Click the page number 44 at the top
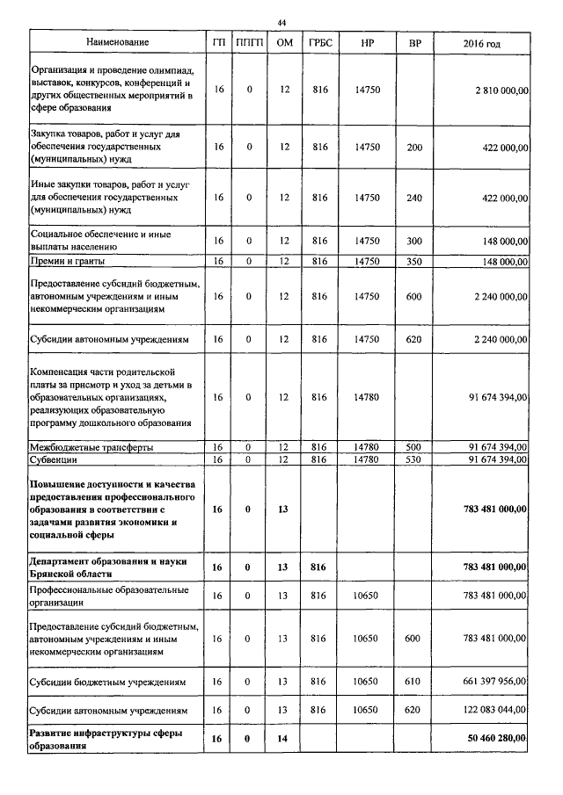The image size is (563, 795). pos(281,22)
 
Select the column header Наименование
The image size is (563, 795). pos(117,42)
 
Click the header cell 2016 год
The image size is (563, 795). pos(481,42)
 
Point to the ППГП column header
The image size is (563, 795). pos(249,42)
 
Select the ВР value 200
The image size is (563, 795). pos(413,148)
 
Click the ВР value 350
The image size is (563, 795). pos(413,261)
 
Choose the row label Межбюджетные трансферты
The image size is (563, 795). pos(92,447)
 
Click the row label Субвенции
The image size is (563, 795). pos(55,459)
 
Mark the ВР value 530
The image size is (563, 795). pos(413,459)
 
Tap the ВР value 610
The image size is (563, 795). pos(413,681)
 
